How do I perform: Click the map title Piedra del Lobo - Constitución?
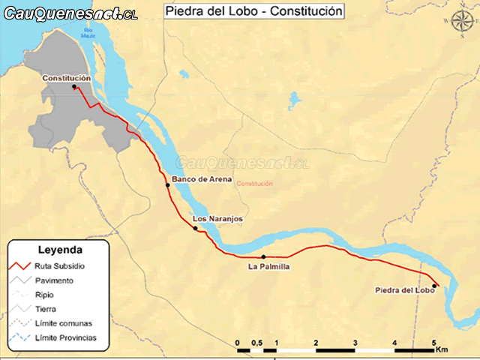tap(253, 11)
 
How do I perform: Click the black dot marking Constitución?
tap(74, 87)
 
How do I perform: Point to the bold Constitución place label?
tap(67, 78)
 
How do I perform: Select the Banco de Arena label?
tap(196, 179)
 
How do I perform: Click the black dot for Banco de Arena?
tap(168, 185)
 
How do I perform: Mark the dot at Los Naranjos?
tap(196, 228)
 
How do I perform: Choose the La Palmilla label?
tap(268, 266)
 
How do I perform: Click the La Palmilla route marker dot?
tap(263, 257)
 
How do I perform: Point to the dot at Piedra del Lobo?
tap(434, 286)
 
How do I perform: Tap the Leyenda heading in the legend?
tap(60, 251)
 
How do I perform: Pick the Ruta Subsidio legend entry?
tap(60, 266)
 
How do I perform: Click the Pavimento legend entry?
tap(53, 280)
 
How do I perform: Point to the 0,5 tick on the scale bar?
tap(256, 343)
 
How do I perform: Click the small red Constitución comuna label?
tap(253, 184)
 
